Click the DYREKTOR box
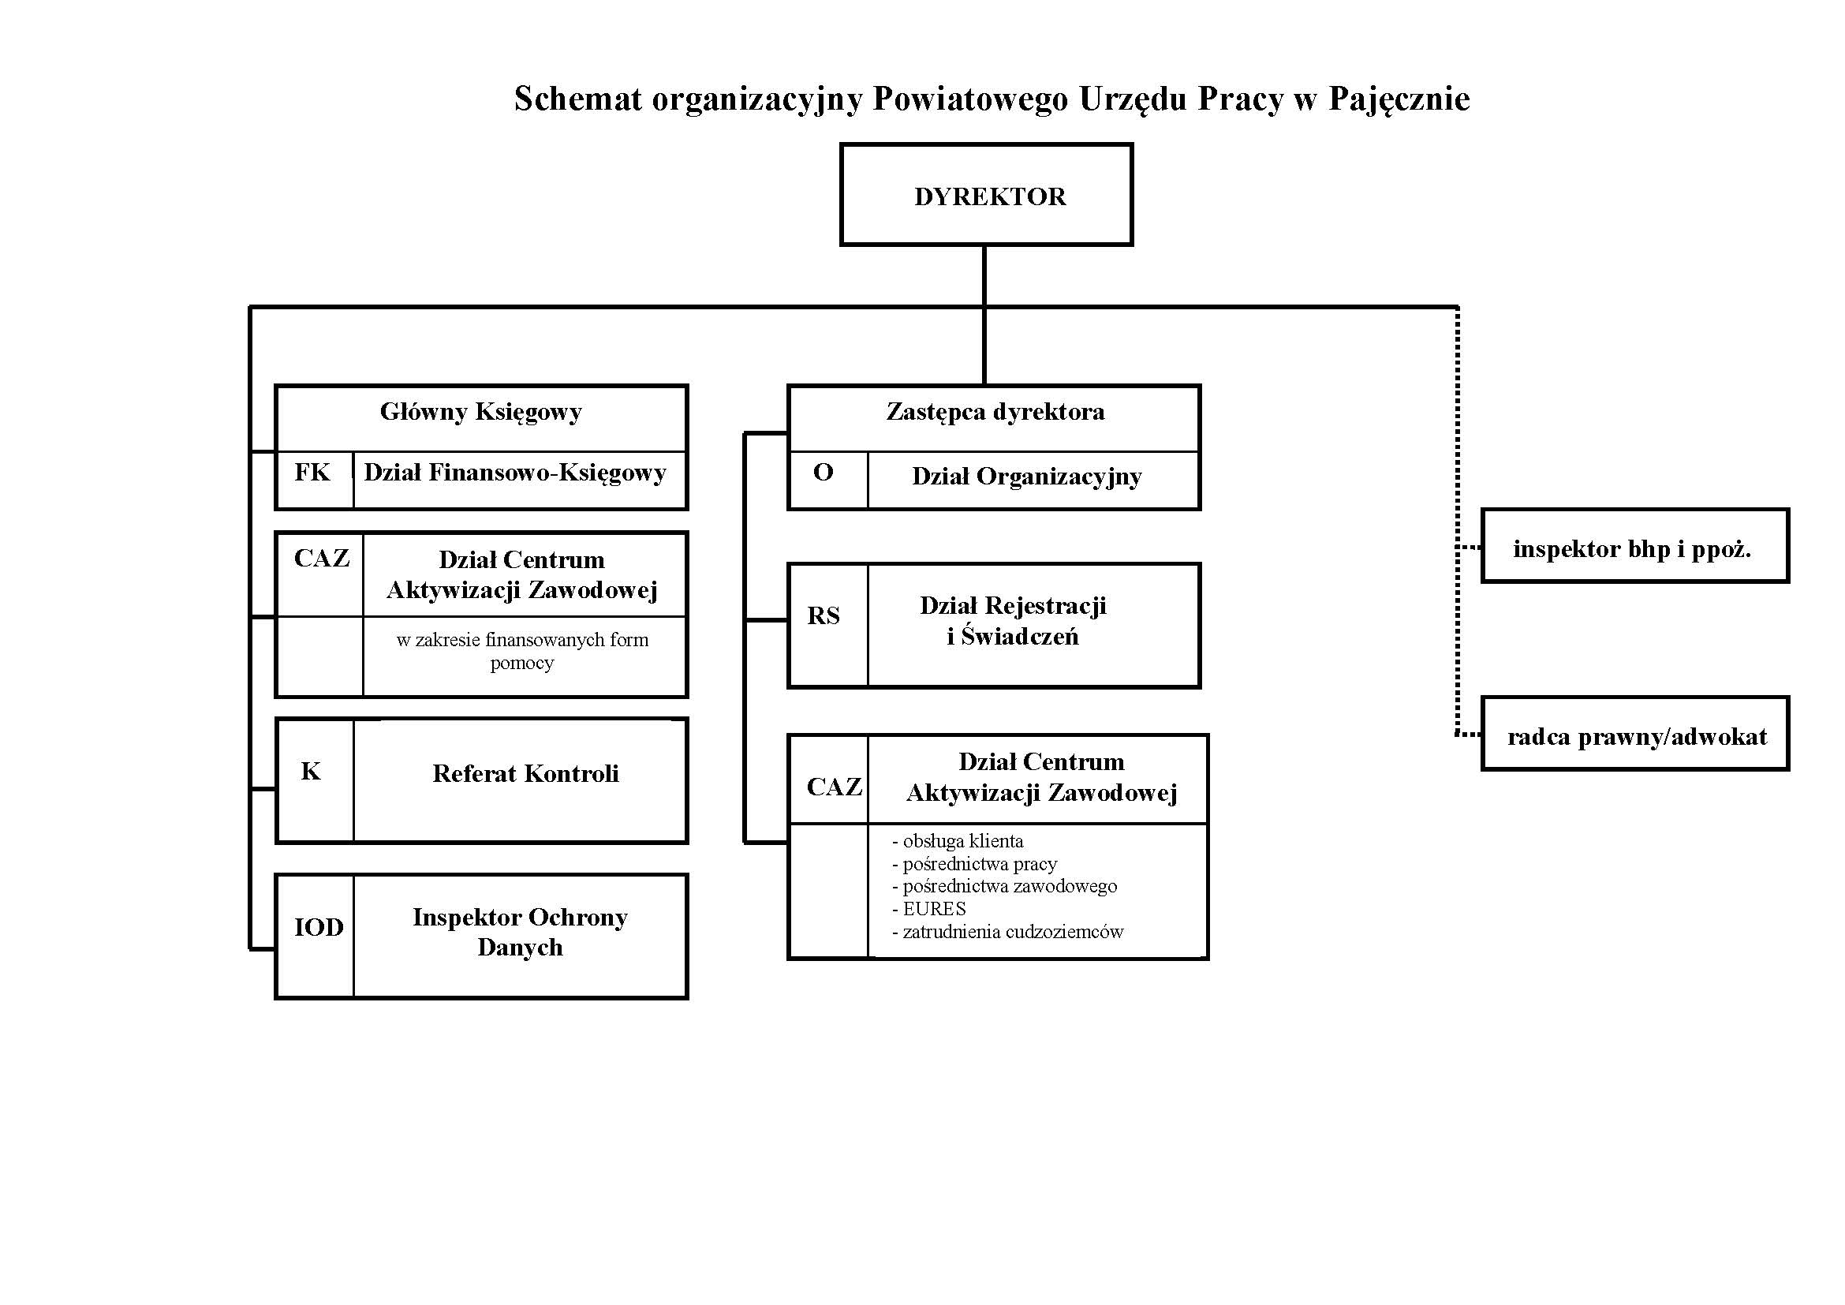point(986,195)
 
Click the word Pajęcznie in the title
point(1399,99)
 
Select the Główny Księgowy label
point(480,412)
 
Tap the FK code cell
point(312,473)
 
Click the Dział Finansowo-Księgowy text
point(515,473)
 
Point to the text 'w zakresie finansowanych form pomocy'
point(522,651)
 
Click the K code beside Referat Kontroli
point(311,772)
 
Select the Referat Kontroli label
point(525,774)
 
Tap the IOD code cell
point(318,927)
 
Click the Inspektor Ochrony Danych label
point(520,932)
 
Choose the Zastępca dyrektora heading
point(995,412)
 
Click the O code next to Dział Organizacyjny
point(823,473)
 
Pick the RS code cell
point(824,616)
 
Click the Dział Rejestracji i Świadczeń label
point(1013,620)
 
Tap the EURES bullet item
point(934,909)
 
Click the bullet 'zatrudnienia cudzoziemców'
point(1013,932)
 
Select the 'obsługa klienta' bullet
point(962,841)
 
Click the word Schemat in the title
point(577,99)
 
